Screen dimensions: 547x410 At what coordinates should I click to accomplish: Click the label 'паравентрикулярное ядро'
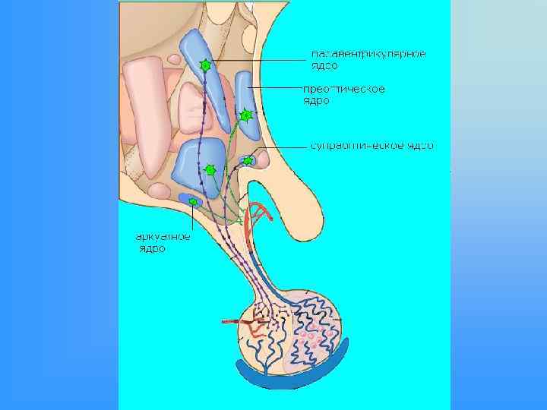click(x=368, y=59)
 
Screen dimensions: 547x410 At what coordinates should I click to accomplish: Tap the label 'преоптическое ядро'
click(x=344, y=94)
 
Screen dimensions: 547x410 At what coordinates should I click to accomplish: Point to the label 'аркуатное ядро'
click(x=157, y=241)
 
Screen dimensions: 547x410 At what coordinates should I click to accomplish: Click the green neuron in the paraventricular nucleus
click(x=204, y=66)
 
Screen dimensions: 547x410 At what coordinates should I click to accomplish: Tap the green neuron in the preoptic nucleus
click(x=245, y=115)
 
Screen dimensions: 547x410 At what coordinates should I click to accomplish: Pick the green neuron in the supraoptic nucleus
click(x=248, y=160)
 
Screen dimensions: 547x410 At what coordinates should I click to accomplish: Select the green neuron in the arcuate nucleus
click(x=193, y=201)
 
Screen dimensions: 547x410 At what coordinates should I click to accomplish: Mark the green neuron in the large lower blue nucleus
click(x=211, y=170)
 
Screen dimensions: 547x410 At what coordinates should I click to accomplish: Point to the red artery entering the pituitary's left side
click(x=236, y=323)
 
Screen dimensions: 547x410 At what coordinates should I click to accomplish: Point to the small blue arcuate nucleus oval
click(x=186, y=199)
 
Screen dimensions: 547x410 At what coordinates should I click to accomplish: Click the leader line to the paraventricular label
click(x=258, y=61)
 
